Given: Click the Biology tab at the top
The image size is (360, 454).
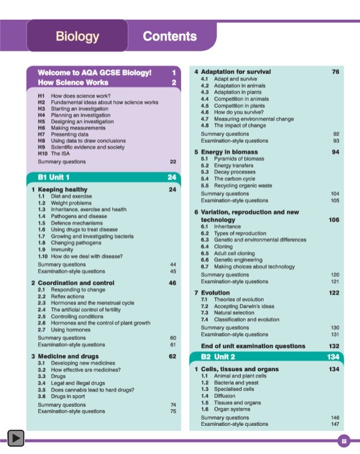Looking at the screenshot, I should [x=77, y=37].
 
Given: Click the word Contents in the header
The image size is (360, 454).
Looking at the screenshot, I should [x=170, y=37].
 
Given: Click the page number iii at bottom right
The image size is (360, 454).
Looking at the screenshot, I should [x=343, y=439].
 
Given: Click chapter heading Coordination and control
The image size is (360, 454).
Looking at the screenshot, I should [x=76, y=283].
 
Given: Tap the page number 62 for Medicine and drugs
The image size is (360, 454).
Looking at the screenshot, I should [x=173, y=356].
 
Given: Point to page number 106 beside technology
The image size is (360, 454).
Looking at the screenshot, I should [x=333, y=219].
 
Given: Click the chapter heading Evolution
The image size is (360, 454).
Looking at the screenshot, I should [x=216, y=293].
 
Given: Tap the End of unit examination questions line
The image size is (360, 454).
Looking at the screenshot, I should [x=253, y=346].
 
